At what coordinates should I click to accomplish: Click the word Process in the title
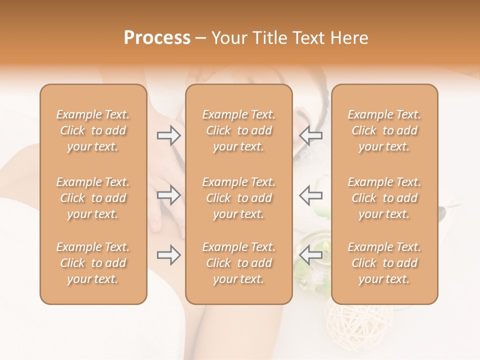coord(157,38)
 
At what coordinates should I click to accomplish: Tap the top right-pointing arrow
coord(168,135)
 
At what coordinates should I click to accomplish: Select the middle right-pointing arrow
coord(168,195)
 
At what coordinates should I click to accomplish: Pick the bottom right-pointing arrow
coord(168,255)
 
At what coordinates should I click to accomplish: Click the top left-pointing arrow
coord(311,135)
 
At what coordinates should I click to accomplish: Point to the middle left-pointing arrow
coord(311,195)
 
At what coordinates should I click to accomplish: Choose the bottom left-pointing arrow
coord(311,255)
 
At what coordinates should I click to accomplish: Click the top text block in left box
coord(93,130)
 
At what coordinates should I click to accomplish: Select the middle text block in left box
coord(93,198)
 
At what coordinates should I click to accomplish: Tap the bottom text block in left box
coord(93,263)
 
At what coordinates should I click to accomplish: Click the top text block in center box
coord(239,130)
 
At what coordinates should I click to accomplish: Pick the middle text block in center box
coord(239,198)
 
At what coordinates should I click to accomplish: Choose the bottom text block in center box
coord(239,263)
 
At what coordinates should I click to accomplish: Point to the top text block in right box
coord(384,130)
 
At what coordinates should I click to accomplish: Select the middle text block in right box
coord(384,198)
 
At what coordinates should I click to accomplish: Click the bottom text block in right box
coord(384,263)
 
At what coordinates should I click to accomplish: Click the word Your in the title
coord(228,38)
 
